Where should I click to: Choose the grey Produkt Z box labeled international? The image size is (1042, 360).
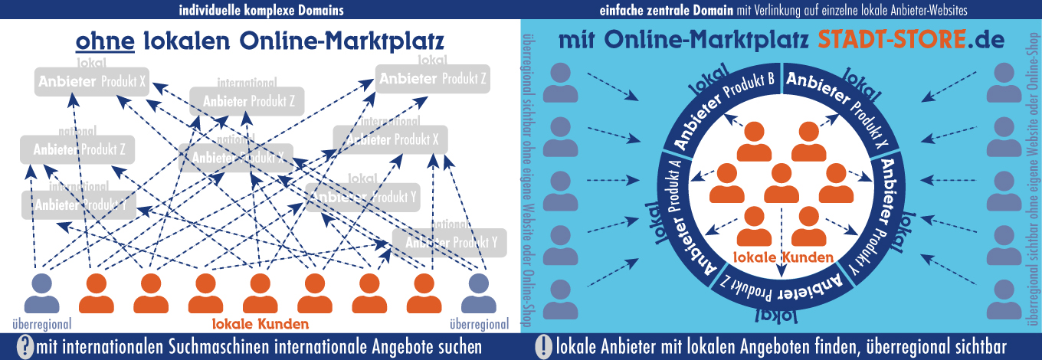click(247, 101)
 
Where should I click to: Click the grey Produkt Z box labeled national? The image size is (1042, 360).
click(78, 149)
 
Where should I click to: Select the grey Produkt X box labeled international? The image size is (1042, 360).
click(391, 139)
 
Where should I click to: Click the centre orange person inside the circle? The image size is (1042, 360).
click(781, 183)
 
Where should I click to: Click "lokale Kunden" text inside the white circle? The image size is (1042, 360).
click(781, 257)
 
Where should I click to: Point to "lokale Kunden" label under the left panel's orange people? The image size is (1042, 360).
click(260, 323)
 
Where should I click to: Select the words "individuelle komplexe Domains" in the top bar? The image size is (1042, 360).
click(261, 10)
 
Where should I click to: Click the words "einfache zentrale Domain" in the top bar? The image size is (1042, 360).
click(665, 10)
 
